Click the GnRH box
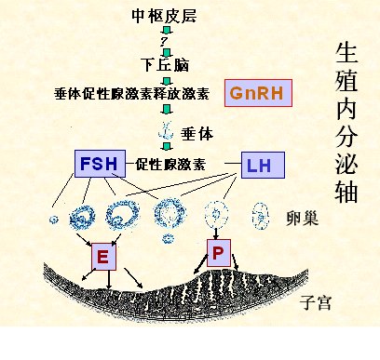click(x=258, y=92)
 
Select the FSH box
click(x=98, y=165)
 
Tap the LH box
click(x=262, y=167)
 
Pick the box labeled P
click(x=218, y=251)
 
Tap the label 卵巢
click(x=304, y=220)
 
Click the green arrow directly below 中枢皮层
click(x=165, y=30)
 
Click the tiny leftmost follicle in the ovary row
click(x=53, y=220)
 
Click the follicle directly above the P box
click(x=219, y=214)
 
